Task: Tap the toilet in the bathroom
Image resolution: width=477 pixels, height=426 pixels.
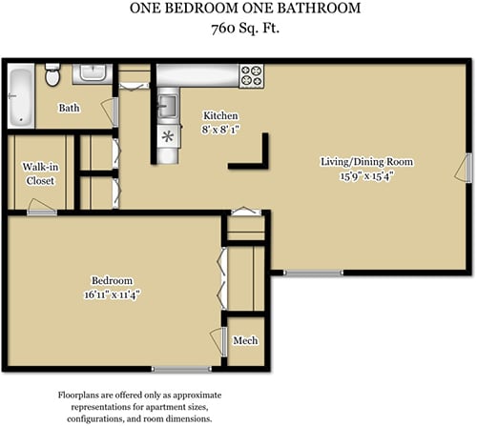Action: [x=53, y=74]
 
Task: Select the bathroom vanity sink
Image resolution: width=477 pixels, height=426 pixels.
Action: [x=92, y=72]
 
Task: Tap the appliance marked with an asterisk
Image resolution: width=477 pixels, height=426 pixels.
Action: [x=168, y=136]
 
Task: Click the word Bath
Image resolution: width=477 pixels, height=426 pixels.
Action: [x=69, y=109]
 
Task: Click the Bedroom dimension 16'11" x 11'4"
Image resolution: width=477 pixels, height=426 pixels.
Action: [x=111, y=295]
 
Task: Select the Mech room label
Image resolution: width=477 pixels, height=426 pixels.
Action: [x=245, y=340]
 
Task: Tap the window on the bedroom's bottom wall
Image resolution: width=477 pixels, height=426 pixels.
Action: [x=181, y=369]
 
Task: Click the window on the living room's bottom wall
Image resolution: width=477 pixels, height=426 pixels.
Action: [x=314, y=274]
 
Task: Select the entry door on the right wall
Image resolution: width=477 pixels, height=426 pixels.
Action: [x=467, y=168]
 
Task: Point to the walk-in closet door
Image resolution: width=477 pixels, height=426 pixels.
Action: [x=40, y=209]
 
